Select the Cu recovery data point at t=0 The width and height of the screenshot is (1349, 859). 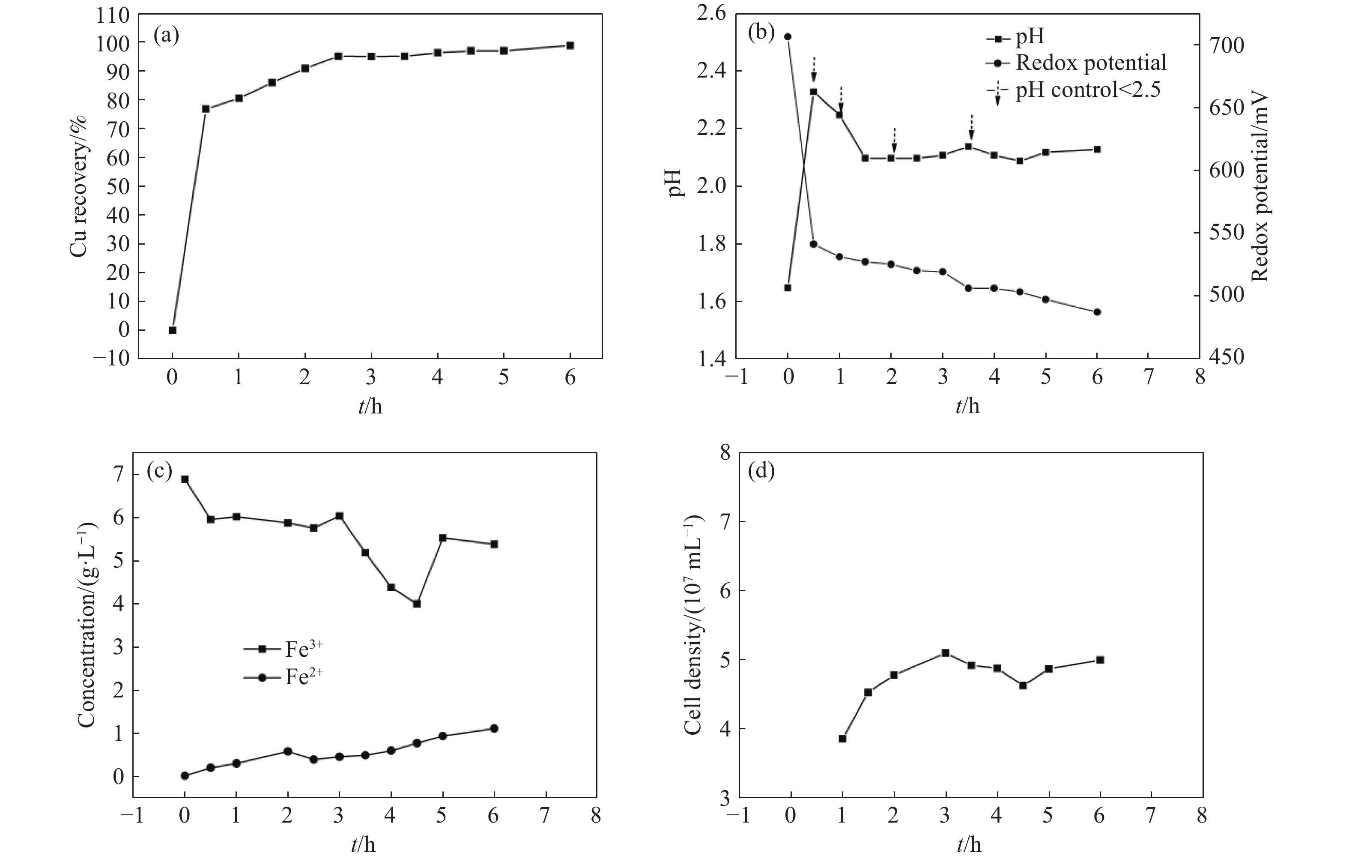tap(173, 330)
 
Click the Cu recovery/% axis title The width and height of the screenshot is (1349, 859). tap(79, 186)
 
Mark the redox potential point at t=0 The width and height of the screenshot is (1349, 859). tap(788, 36)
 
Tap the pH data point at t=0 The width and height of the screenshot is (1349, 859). tap(788, 287)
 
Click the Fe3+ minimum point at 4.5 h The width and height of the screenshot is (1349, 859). tap(416, 604)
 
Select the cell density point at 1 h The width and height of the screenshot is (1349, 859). tap(842, 739)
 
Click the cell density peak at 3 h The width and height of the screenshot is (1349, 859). tap(946, 653)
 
